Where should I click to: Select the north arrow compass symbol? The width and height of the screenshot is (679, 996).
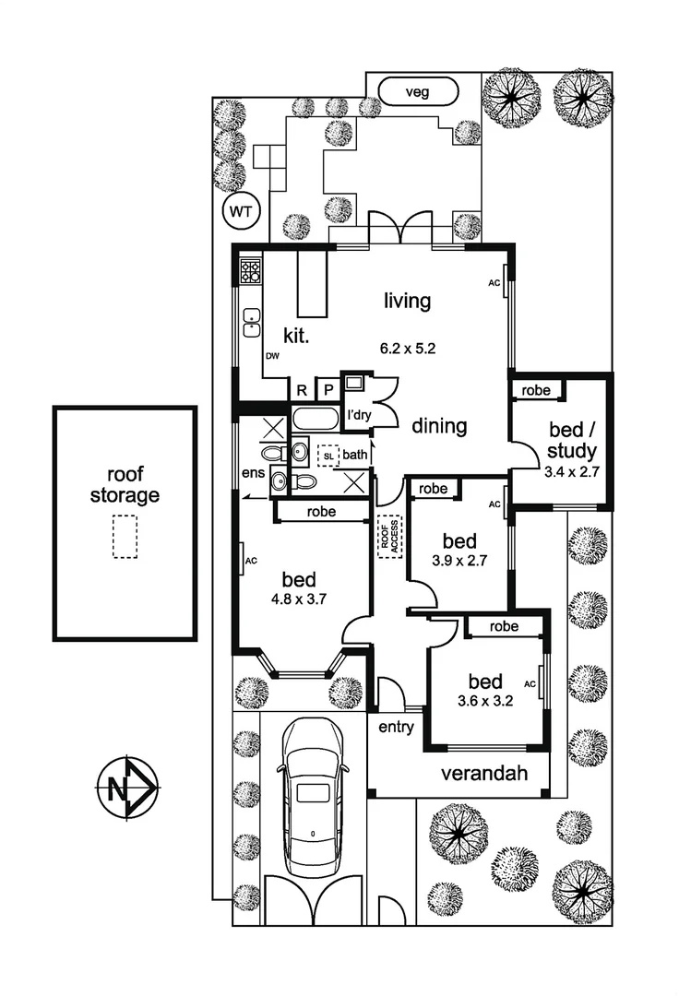click(127, 789)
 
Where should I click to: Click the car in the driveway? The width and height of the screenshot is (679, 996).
click(314, 797)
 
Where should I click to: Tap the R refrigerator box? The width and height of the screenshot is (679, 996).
click(301, 390)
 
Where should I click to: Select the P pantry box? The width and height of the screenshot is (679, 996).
click(328, 390)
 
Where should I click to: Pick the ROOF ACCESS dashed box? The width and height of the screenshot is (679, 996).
click(388, 534)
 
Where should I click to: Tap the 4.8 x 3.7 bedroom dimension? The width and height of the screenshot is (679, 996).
click(299, 598)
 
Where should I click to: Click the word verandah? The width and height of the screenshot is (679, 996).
click(483, 773)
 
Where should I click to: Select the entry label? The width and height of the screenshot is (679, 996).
click(396, 727)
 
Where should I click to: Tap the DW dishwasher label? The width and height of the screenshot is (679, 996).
click(271, 355)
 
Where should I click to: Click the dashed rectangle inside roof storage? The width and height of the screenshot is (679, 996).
click(124, 536)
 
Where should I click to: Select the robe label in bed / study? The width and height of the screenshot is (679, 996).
click(536, 390)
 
